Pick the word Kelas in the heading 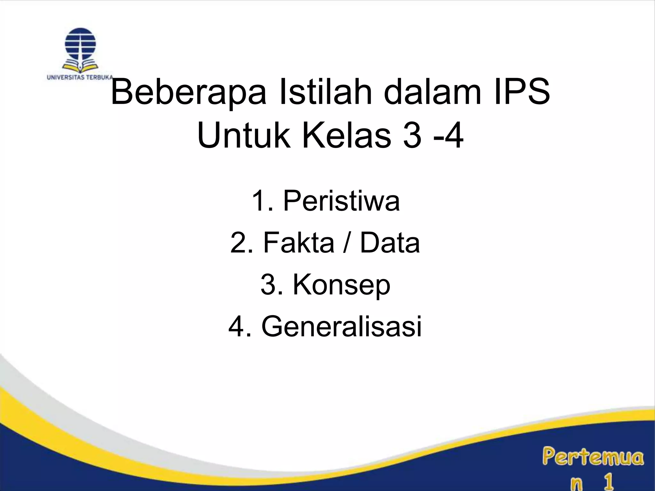(346, 136)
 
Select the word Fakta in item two (299, 243)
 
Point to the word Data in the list (390, 243)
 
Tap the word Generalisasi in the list (342, 326)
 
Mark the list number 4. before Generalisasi (240, 326)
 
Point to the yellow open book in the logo (80, 66)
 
